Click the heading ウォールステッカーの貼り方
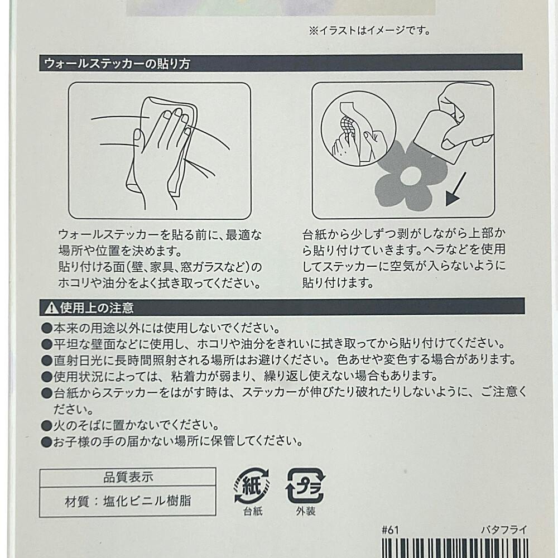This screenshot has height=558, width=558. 117,64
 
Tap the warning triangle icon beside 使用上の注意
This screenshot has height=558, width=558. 51,308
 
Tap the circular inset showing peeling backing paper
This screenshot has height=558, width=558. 358,128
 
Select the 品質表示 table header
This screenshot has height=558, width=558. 128,477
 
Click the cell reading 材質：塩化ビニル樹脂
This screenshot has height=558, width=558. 128,501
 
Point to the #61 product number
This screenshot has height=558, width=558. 390,530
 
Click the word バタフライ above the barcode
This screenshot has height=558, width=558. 503,530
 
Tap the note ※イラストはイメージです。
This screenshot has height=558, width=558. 370,31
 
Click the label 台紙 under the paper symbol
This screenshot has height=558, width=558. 253,511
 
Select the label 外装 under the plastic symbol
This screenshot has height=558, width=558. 306,511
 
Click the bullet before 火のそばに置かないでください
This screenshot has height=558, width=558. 47,425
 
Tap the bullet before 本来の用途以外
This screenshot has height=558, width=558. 47,328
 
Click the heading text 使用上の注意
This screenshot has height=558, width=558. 97,308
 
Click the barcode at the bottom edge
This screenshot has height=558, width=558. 454,548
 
